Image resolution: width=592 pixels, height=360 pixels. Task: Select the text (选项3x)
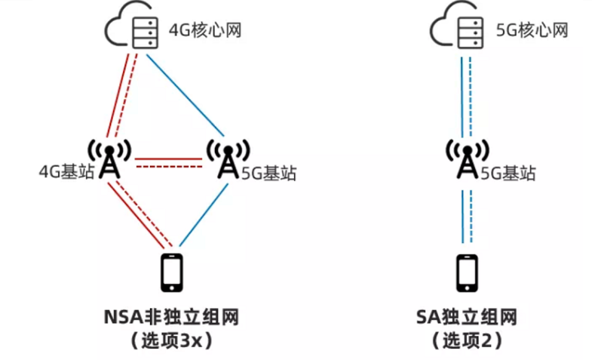172,340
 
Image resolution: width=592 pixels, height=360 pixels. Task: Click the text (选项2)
467,340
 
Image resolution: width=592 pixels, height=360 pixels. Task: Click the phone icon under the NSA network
173,273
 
